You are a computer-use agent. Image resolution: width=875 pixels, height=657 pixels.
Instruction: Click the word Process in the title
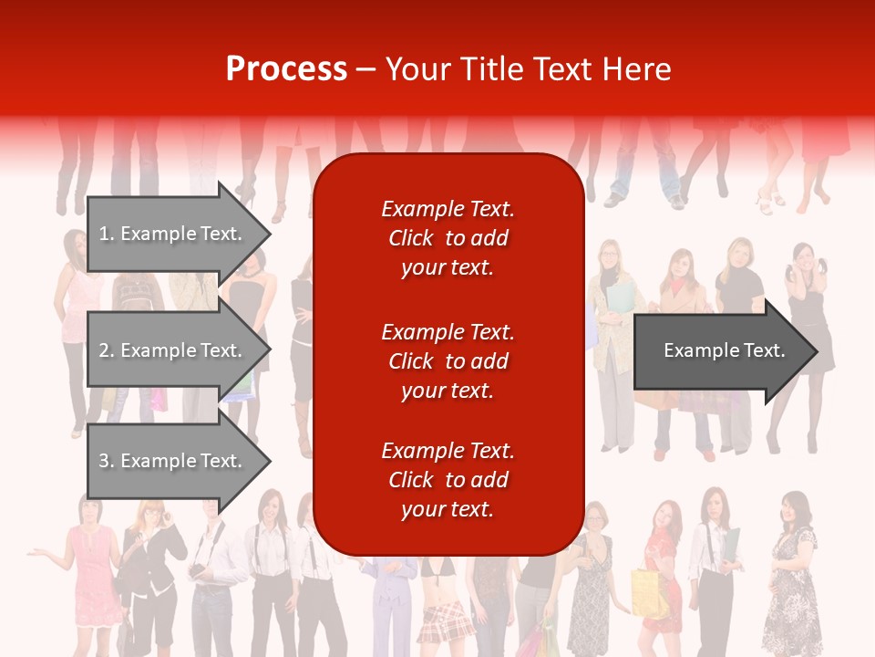tap(286, 69)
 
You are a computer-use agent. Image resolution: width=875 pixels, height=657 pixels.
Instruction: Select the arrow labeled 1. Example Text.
tap(170, 234)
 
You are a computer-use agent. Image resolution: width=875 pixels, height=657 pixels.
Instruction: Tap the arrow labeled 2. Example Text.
tap(170, 350)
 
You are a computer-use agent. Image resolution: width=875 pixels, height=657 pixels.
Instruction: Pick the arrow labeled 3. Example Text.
tap(170, 461)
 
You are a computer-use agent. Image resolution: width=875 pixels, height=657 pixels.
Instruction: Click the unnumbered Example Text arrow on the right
tap(724, 350)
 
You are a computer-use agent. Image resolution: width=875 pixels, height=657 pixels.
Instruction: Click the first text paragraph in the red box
tap(448, 238)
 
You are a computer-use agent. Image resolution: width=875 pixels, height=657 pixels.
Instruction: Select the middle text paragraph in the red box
tap(448, 361)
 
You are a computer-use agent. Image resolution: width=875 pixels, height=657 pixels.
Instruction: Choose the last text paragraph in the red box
tap(448, 480)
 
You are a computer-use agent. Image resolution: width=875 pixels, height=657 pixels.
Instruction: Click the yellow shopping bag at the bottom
tap(649, 593)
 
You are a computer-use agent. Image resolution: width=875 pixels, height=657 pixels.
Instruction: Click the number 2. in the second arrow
tap(107, 350)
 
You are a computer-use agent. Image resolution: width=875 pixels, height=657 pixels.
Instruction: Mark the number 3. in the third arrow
tap(107, 461)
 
